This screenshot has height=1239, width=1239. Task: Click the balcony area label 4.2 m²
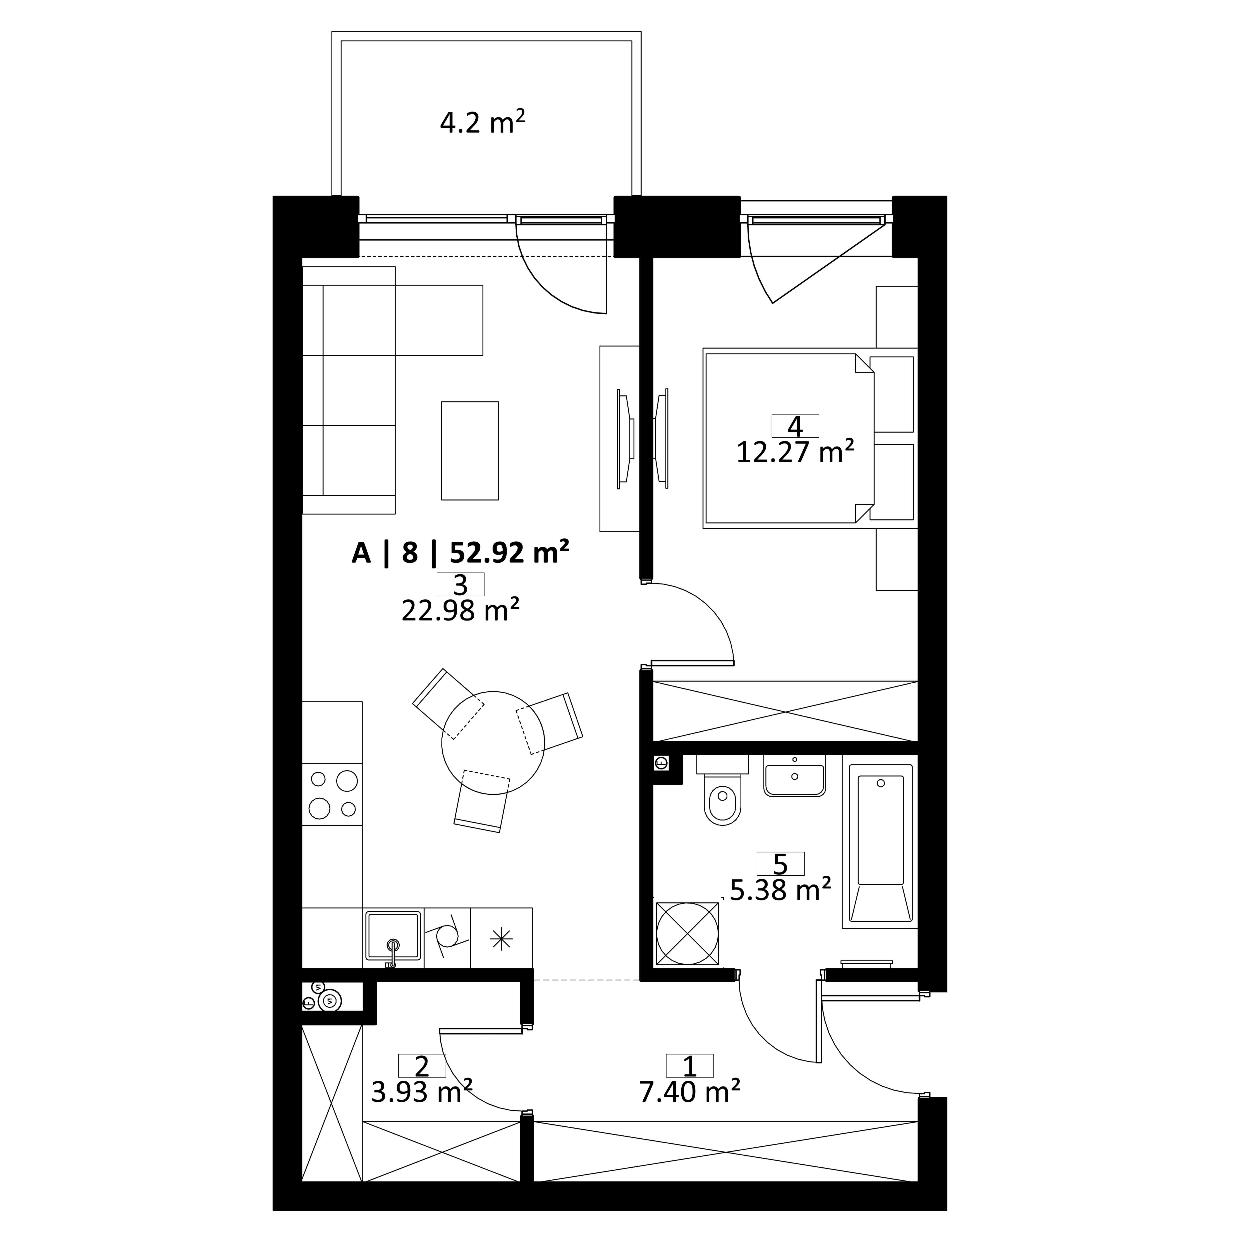pyautogui.click(x=482, y=122)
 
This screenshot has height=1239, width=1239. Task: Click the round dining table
pyautogui.click(x=493, y=743)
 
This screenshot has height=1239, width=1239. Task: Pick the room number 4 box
pyautogui.click(x=795, y=426)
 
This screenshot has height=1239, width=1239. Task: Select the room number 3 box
pyautogui.click(x=461, y=584)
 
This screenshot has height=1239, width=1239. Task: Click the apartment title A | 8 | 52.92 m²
pyautogui.click(x=461, y=552)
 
